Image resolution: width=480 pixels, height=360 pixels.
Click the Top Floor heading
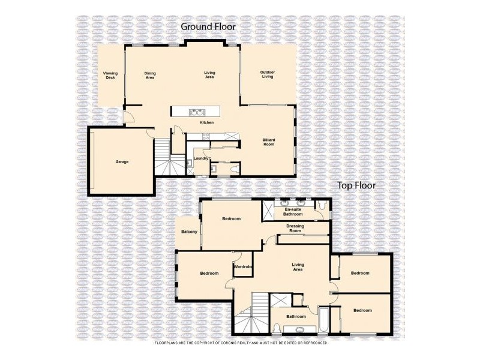pos(356,185)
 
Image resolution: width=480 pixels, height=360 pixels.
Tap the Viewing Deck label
pos(110,75)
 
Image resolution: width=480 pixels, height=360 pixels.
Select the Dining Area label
pos(150,75)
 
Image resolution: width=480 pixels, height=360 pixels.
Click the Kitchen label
pos(207,122)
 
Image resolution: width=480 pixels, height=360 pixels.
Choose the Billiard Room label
pos(268,142)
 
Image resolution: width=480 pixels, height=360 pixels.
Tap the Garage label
pos(122,162)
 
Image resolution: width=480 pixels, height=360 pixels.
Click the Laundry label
pos(200,158)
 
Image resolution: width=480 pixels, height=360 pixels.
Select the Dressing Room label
pos(295,229)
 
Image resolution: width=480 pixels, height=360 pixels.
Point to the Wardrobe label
pos(242,266)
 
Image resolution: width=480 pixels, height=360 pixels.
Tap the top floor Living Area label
pos(298,267)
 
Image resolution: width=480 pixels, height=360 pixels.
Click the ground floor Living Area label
pos(209,75)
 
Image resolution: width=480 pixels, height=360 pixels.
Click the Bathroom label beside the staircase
pos(296,317)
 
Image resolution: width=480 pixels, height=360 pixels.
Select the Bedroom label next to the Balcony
pos(231,219)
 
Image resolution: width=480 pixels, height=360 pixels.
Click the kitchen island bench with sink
pos(196,112)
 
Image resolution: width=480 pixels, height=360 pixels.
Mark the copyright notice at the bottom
pos(240,343)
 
